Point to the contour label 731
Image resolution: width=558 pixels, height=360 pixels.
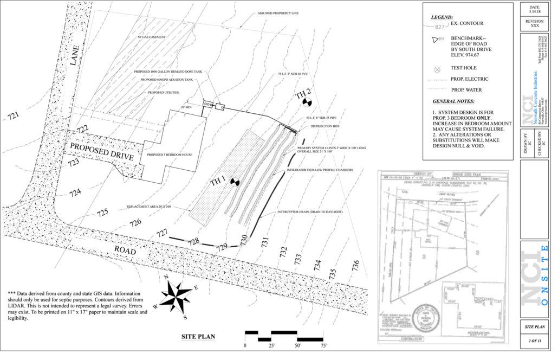(x=264, y=241)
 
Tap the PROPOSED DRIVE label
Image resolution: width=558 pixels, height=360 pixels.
(x=102, y=151)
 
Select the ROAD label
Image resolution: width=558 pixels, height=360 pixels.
(x=125, y=250)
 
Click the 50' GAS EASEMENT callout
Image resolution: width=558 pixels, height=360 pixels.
(x=152, y=37)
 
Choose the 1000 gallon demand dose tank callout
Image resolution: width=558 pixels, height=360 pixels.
(x=168, y=72)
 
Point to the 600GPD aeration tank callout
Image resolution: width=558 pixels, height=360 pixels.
(x=166, y=80)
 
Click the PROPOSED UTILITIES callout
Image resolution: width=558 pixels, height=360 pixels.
(x=164, y=93)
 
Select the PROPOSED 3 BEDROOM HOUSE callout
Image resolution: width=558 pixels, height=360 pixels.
(x=170, y=155)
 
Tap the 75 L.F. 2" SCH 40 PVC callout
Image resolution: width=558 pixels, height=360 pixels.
(x=293, y=74)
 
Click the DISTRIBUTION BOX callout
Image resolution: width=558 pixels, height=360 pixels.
(x=325, y=126)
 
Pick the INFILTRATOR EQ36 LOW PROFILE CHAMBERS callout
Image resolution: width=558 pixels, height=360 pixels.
(x=320, y=170)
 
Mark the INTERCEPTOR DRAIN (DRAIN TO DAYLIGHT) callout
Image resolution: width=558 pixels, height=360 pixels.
(x=310, y=211)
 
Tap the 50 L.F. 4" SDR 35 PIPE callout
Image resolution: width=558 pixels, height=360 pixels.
(x=322, y=118)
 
